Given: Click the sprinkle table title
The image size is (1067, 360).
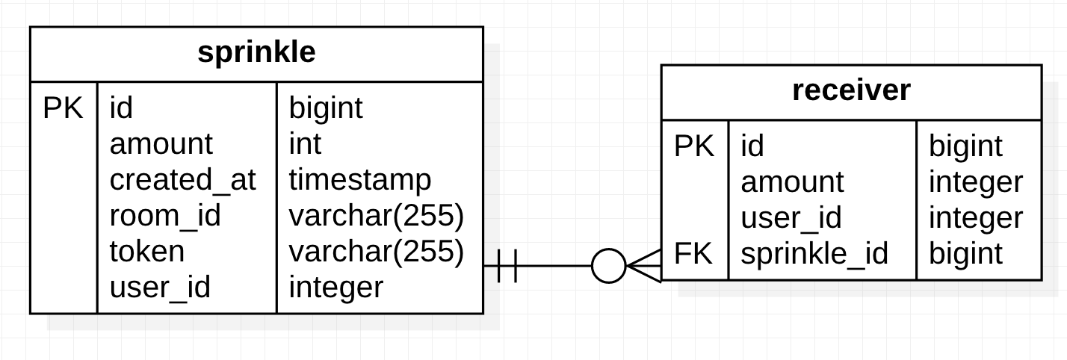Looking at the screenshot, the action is click(x=256, y=52).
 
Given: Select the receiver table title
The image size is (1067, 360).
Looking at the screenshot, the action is click(x=851, y=90).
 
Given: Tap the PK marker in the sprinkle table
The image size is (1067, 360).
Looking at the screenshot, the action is click(x=63, y=108).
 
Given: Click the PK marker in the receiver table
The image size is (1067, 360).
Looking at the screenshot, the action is click(x=694, y=146).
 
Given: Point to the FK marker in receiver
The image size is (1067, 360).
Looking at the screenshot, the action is click(x=693, y=253).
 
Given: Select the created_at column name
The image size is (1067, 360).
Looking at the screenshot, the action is click(x=182, y=180).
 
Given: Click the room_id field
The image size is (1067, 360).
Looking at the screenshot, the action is click(x=165, y=216).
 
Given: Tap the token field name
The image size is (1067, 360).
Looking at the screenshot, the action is click(x=146, y=252).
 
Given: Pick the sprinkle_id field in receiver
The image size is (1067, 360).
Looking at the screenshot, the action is click(x=814, y=254).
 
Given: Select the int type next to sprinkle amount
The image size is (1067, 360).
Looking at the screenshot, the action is click(x=305, y=144).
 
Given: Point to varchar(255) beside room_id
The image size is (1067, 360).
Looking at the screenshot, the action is click(x=377, y=216).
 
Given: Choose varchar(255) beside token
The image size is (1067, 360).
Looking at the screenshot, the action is click(x=377, y=252).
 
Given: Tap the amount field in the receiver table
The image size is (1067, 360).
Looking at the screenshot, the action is click(x=792, y=182).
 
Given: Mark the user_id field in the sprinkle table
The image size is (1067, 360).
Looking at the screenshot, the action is click(x=160, y=288).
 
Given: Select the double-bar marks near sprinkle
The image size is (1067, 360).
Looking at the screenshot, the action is click(x=507, y=266).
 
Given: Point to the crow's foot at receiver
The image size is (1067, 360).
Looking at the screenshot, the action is click(x=644, y=266).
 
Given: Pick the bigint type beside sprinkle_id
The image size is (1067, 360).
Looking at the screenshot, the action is click(x=965, y=254).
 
